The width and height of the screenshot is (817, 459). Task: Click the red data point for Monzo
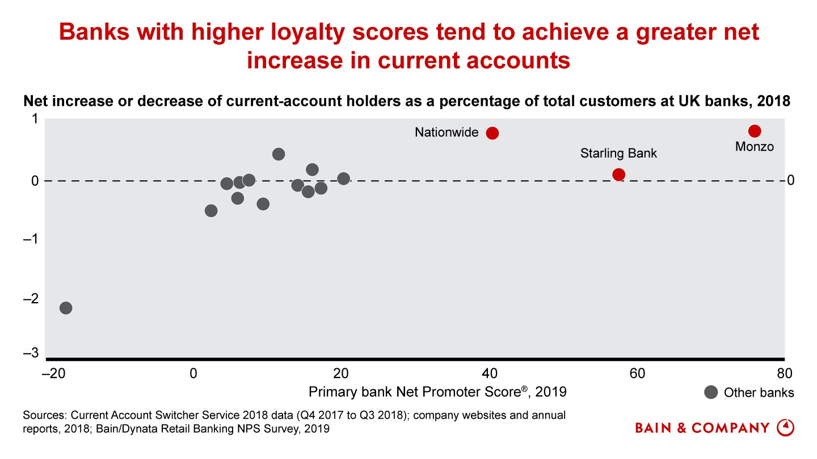[755, 131]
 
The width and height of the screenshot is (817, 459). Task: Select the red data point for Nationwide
[492, 133]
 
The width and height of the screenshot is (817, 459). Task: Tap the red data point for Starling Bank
[618, 175]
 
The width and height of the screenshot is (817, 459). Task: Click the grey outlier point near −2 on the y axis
[66, 308]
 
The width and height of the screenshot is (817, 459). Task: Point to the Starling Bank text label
[618, 154]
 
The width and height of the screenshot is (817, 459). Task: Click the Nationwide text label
[447, 133]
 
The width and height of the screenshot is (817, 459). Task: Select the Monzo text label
[755, 147]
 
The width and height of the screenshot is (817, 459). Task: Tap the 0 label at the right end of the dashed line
[790, 181]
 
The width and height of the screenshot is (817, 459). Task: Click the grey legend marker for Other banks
[710, 392]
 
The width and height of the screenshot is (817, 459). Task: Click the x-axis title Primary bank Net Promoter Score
[437, 392]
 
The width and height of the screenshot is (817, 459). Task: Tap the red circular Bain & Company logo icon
[785, 427]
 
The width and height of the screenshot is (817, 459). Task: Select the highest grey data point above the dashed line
[278, 154]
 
